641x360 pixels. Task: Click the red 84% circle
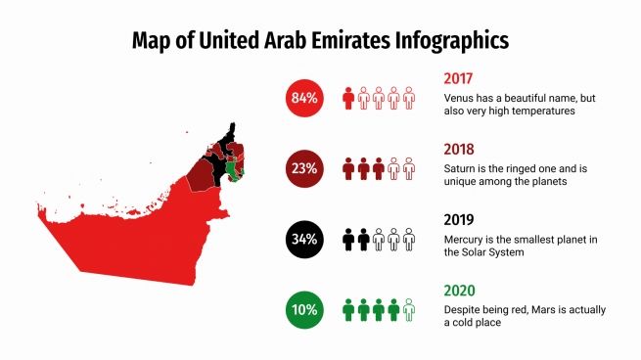point(303,98)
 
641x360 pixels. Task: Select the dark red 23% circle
point(303,168)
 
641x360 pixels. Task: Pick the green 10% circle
point(303,310)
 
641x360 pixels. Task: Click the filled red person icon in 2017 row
point(347,98)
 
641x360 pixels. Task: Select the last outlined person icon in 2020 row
point(408,310)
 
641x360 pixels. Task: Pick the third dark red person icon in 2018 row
point(378,168)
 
